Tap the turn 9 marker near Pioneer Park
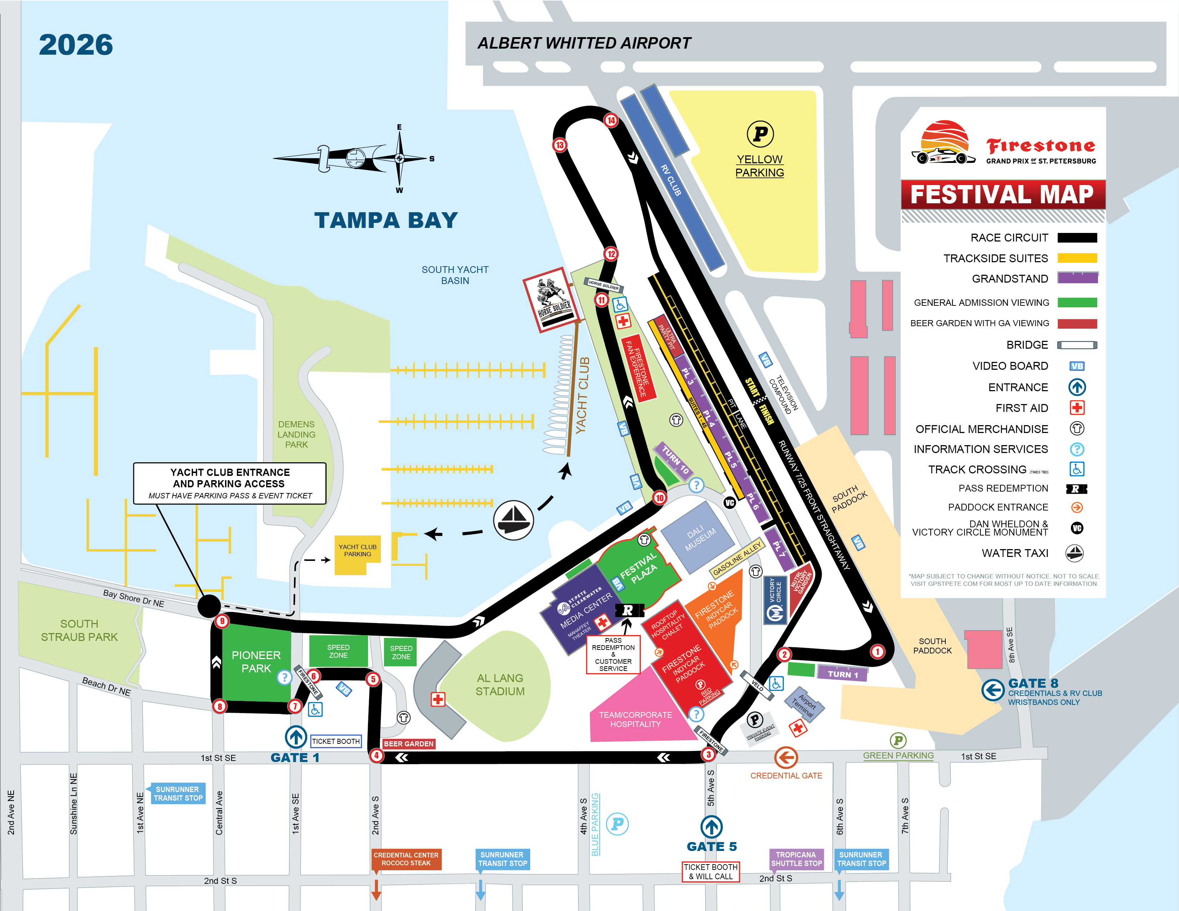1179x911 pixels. pos(222,621)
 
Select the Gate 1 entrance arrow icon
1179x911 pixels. pos(296,737)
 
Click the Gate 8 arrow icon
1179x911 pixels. pos(992,690)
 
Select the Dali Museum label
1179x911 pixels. pos(700,538)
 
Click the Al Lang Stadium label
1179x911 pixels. pos(500,685)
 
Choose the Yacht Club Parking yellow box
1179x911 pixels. pos(357,554)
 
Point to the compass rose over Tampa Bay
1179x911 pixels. pos(399,158)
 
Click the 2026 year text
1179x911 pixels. pos(76,45)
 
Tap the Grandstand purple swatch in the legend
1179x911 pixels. pos(1077,278)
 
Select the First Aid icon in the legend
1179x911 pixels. pos(1077,408)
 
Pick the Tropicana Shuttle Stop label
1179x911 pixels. pos(796,858)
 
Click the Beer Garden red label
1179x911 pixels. pos(409,744)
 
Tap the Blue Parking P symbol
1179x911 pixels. pos(617,823)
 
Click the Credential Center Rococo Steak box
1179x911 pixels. pos(406,858)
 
